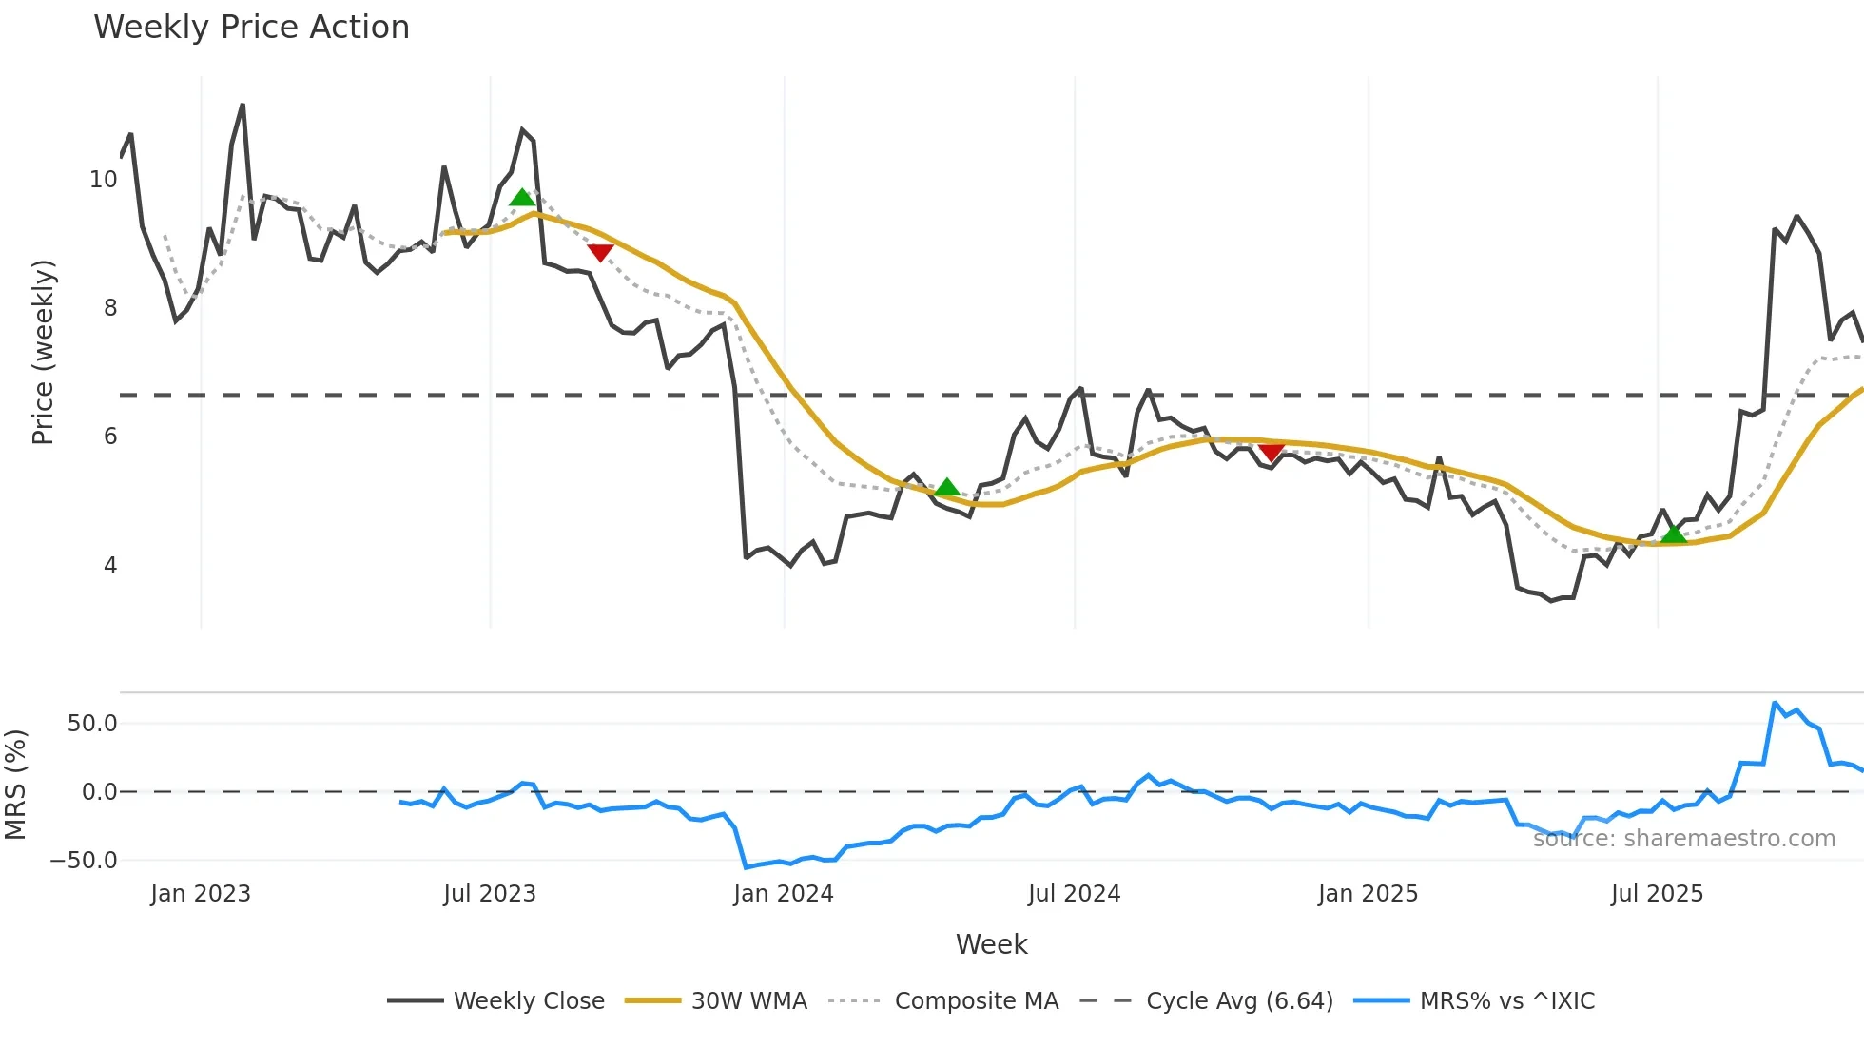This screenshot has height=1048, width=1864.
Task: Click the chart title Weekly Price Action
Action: click(x=251, y=28)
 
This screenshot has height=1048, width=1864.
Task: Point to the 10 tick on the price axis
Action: click(x=103, y=180)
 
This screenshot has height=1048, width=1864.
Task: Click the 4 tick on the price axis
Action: click(x=110, y=566)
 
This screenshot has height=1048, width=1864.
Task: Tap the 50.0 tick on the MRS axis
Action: click(x=92, y=724)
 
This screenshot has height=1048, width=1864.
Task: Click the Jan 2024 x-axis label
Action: click(x=783, y=894)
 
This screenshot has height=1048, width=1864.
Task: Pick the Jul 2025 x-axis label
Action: click(x=1657, y=894)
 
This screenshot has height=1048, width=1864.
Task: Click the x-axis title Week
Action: click(x=991, y=944)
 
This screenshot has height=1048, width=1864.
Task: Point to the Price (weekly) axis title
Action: click(x=44, y=352)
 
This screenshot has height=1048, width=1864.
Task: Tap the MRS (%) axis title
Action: click(x=16, y=785)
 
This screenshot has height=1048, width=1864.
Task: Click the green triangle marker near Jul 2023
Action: click(x=522, y=198)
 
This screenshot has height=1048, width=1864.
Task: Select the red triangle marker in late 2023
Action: click(x=600, y=252)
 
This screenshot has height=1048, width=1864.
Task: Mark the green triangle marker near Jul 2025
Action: click(x=1673, y=534)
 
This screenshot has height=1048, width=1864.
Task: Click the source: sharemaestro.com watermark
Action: click(x=1683, y=839)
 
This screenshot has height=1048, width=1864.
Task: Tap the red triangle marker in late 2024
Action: click(x=1272, y=451)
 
